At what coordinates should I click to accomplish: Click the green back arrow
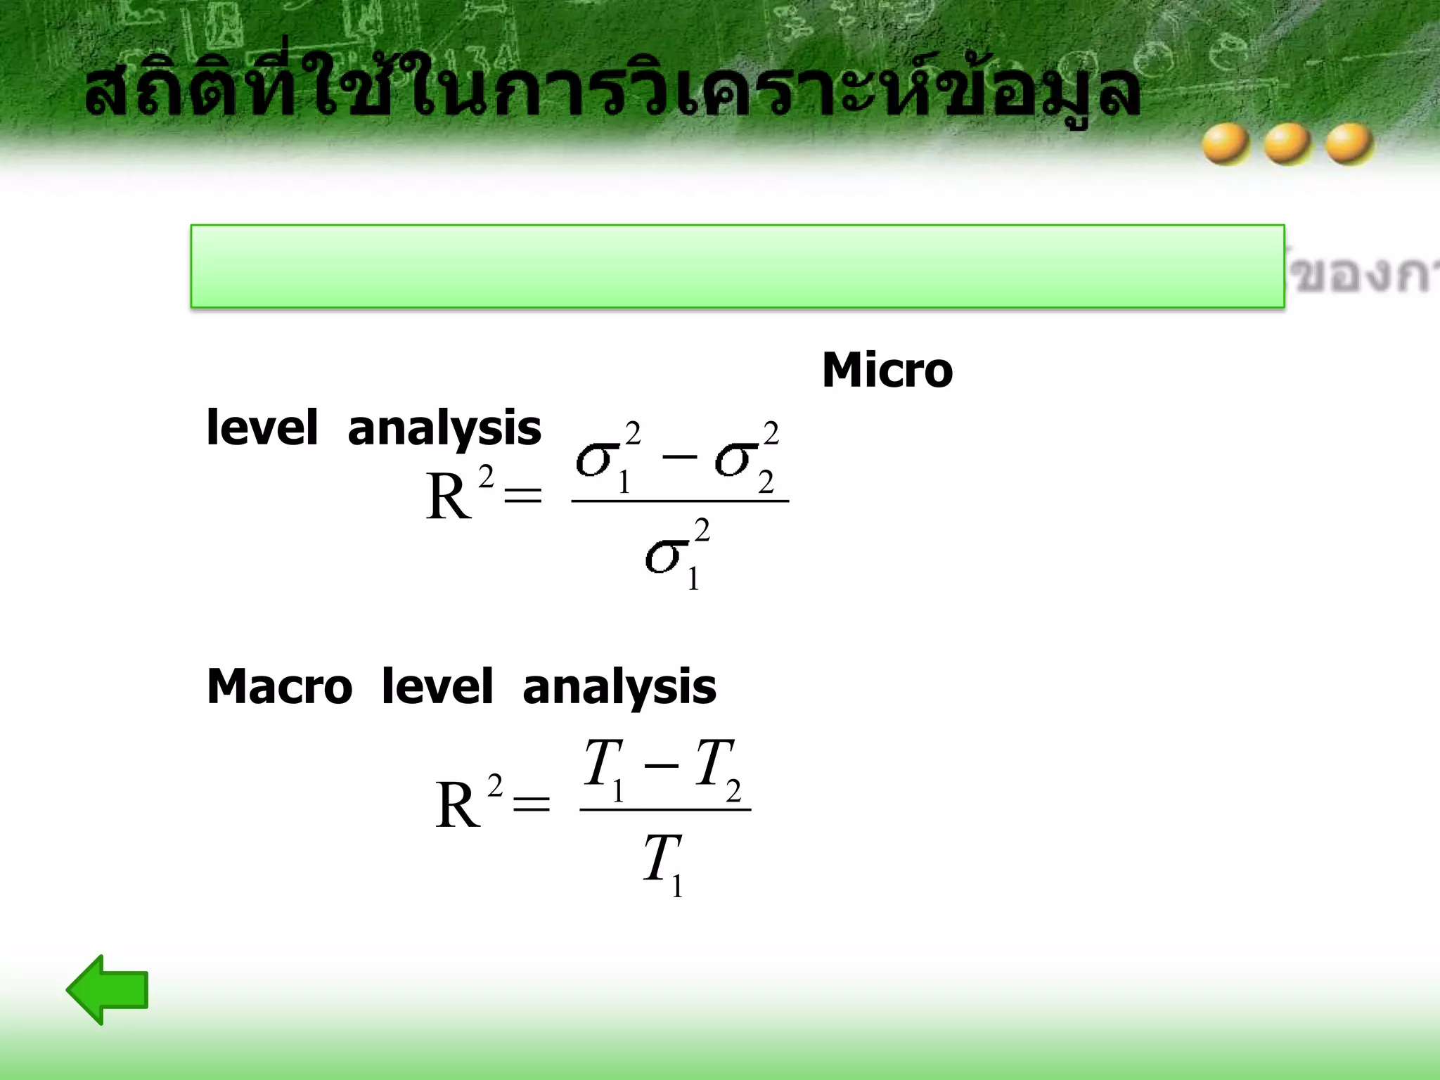point(108,989)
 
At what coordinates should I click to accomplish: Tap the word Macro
point(279,686)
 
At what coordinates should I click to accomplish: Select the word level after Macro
point(437,686)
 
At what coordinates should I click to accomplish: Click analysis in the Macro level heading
point(619,688)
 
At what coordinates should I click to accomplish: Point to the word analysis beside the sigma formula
point(444,429)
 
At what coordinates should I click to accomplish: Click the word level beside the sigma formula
point(262,427)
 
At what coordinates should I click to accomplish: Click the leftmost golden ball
point(1226,143)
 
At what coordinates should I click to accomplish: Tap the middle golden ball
point(1287,143)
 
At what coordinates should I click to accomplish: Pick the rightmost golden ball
point(1349,143)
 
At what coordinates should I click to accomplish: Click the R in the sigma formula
point(448,496)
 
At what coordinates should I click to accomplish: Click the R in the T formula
point(457,806)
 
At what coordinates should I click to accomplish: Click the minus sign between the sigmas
point(679,457)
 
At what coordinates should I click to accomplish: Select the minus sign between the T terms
point(661,765)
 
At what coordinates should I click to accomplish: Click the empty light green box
point(737,266)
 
